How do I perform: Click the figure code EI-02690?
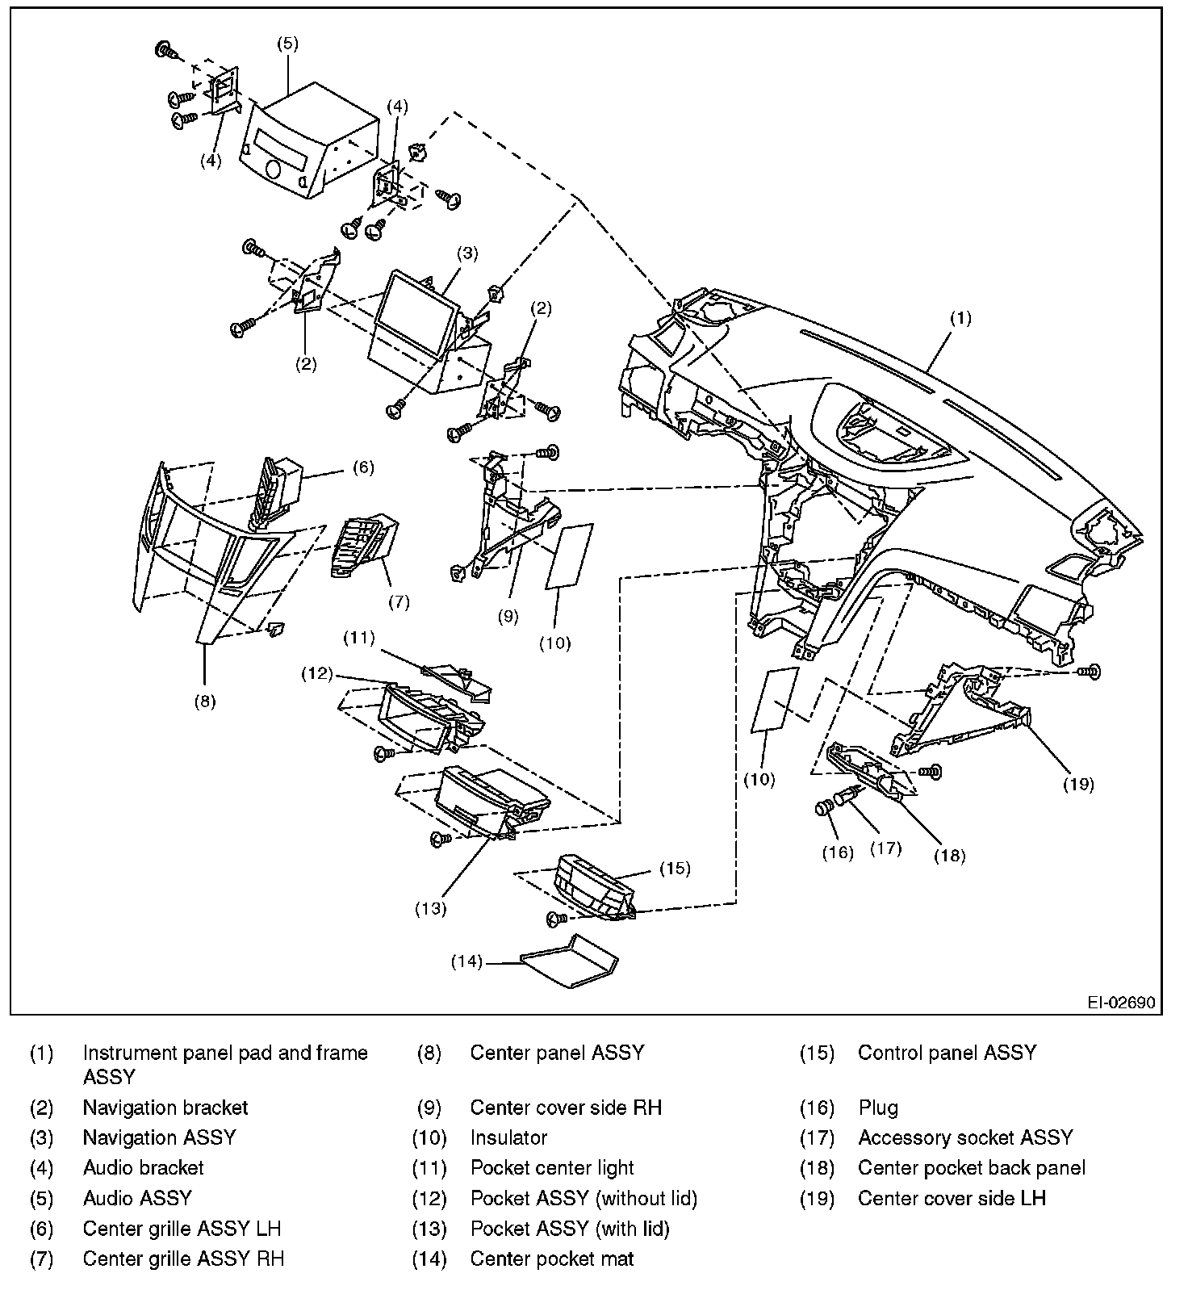pyautogui.click(x=1120, y=1003)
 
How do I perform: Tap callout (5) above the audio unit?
pyautogui.click(x=288, y=44)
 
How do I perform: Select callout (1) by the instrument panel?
pyautogui.click(x=960, y=318)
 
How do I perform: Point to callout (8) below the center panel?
pyautogui.click(x=205, y=701)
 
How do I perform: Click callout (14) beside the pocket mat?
pyautogui.click(x=466, y=961)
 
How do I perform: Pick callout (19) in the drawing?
pyautogui.click(x=1078, y=783)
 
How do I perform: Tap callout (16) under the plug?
pyautogui.click(x=838, y=852)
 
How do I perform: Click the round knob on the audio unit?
pyautogui.click(x=272, y=170)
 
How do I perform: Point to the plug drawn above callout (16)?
pyautogui.click(x=824, y=807)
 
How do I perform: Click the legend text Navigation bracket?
pyautogui.click(x=165, y=1108)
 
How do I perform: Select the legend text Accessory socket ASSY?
pyautogui.click(x=965, y=1137)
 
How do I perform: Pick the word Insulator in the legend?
pyautogui.click(x=508, y=1137)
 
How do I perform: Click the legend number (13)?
pyautogui.click(x=429, y=1229)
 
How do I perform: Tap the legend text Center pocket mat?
pyautogui.click(x=552, y=1259)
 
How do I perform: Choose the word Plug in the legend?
pyautogui.click(x=878, y=1108)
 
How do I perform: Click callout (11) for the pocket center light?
pyautogui.click(x=359, y=638)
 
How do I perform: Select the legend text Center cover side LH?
pyautogui.click(x=952, y=1198)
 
